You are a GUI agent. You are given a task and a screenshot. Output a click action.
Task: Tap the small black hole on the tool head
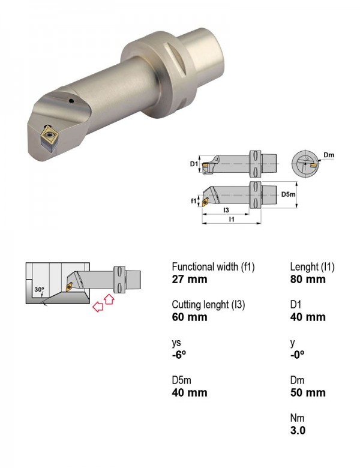[x=71, y=101]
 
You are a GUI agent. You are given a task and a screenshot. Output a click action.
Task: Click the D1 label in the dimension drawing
[x=194, y=164]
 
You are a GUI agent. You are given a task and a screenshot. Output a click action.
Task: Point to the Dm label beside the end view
[x=329, y=155]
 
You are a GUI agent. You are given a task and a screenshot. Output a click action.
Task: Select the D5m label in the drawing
[x=288, y=194]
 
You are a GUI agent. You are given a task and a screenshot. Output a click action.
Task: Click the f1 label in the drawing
[x=193, y=201]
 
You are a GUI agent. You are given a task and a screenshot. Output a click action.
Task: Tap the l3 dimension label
[x=226, y=210]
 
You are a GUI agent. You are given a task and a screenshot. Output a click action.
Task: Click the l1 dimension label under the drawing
[x=232, y=220]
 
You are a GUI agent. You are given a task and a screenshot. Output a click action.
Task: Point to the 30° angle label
[x=39, y=290]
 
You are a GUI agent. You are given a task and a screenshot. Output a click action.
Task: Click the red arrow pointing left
[x=98, y=306]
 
